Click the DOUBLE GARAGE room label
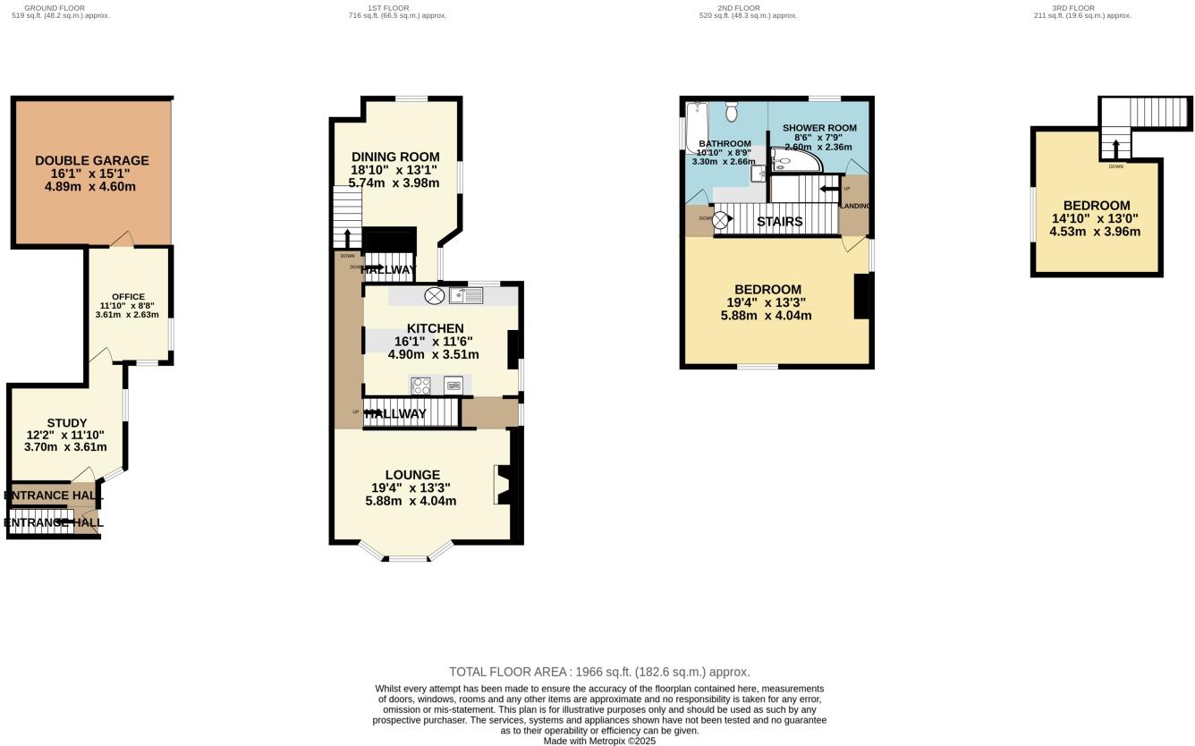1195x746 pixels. [x=92, y=161]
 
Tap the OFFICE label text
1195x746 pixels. [x=128, y=297]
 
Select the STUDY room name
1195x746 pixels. [x=67, y=423]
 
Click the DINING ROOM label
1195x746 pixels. [x=395, y=157]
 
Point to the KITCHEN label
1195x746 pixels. [x=435, y=328]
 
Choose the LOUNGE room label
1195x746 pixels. [x=412, y=475]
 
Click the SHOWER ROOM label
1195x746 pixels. [x=818, y=128]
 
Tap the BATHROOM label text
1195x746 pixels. [x=725, y=144]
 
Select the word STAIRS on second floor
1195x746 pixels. [x=779, y=221]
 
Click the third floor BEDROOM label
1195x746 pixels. [x=1096, y=206]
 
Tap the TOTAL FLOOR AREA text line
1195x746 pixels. [x=598, y=672]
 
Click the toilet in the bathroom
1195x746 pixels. [x=732, y=112]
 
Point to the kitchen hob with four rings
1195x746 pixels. [x=420, y=386]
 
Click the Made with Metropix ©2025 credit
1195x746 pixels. [x=599, y=741]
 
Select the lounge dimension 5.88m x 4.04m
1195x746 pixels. [x=411, y=501]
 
